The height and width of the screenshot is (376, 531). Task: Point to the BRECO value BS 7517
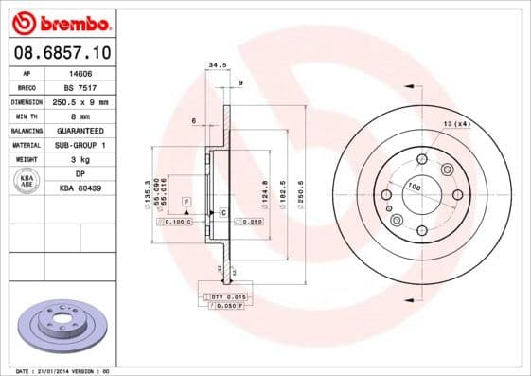[x=80, y=85]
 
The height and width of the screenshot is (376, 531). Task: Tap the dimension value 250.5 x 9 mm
[x=80, y=100]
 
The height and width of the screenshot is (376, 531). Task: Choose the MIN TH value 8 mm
[x=80, y=115]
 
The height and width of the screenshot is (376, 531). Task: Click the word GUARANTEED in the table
[x=80, y=130]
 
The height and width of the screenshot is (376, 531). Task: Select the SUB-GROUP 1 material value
[x=80, y=145]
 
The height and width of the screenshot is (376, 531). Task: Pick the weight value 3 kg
[x=80, y=159]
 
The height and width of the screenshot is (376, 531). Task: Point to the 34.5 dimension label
[x=217, y=65]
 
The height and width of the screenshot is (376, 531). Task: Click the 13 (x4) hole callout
[x=456, y=124]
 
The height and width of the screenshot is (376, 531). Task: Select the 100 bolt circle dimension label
[x=414, y=188]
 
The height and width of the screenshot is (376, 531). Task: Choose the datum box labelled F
[x=186, y=203]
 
